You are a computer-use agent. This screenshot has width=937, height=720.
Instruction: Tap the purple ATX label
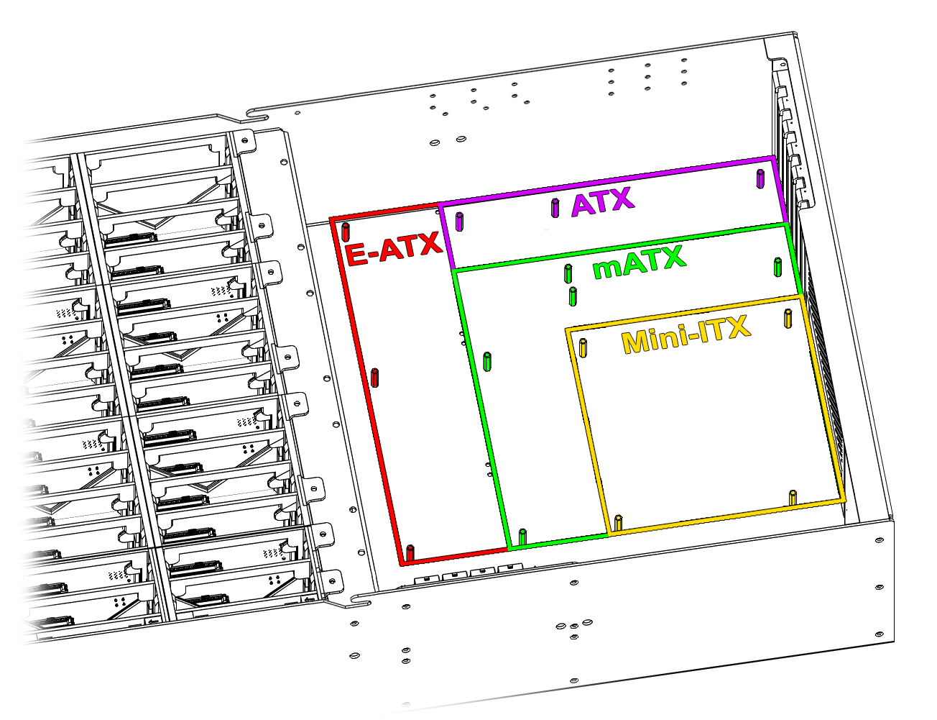(x=603, y=201)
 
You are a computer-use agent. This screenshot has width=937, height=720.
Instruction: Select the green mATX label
(x=640, y=262)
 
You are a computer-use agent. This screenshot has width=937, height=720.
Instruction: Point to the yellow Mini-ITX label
(x=686, y=334)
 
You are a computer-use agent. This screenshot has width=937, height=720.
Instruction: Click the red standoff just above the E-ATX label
(x=346, y=232)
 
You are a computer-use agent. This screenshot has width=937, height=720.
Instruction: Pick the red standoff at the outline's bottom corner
(x=410, y=553)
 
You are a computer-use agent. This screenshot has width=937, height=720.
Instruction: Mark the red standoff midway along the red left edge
(x=374, y=378)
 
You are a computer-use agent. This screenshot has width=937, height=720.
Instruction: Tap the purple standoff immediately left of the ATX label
(x=555, y=208)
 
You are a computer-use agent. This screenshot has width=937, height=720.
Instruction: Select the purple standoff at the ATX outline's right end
(x=761, y=178)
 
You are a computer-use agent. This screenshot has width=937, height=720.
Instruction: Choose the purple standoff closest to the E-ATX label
(x=460, y=222)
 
